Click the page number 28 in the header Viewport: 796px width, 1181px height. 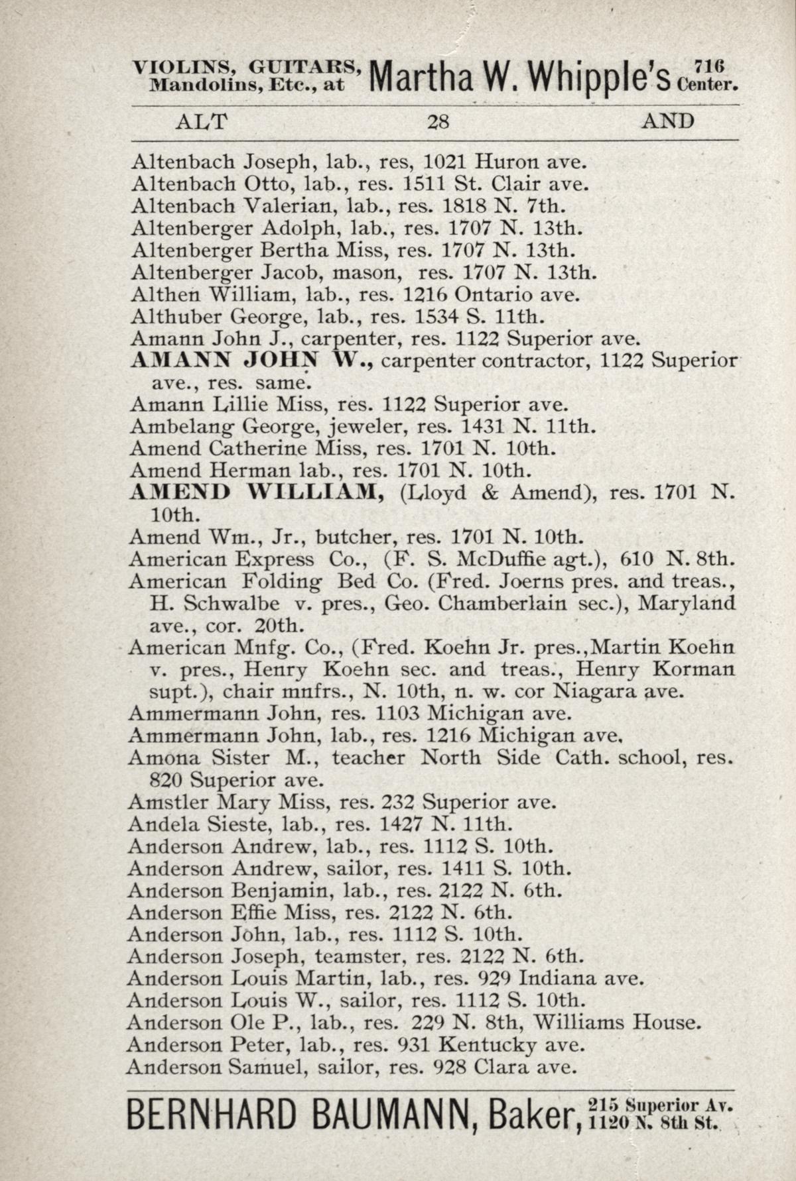tap(438, 122)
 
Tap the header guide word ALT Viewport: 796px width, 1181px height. tap(201, 122)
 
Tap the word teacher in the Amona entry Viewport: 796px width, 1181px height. tap(368, 758)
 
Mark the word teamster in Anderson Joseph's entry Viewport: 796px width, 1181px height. tap(359, 956)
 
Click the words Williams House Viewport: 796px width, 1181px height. tap(617, 1023)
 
